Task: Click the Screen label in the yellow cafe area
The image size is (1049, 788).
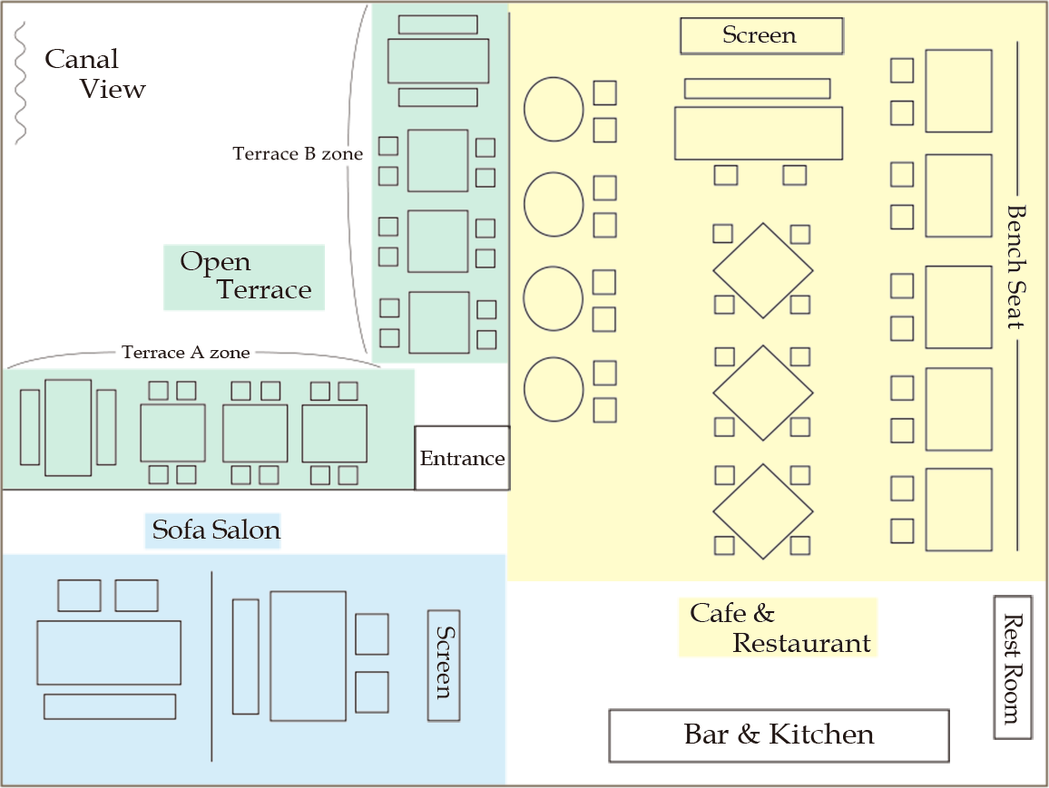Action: [x=760, y=36]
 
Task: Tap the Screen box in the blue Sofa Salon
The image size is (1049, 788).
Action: [x=444, y=665]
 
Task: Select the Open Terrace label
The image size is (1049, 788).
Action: [x=244, y=277]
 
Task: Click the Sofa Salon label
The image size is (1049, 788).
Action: [x=213, y=530]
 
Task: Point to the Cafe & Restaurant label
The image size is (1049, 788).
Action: [x=777, y=627]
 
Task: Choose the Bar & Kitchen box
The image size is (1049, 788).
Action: [x=779, y=735]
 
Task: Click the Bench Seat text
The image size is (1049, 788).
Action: [x=1015, y=267]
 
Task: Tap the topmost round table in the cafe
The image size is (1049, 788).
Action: [x=554, y=110]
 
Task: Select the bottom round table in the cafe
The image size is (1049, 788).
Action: [x=554, y=389]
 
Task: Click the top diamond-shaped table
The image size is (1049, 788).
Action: [x=762, y=270]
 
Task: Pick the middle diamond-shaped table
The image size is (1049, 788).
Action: [x=762, y=393]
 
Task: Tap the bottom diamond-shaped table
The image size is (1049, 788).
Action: [x=762, y=511]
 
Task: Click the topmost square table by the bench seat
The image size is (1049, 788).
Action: [x=958, y=91]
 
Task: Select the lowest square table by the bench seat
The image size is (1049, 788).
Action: [x=958, y=510]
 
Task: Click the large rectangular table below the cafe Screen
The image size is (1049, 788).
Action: [x=759, y=133]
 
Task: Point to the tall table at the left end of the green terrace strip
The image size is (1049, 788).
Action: [x=68, y=427]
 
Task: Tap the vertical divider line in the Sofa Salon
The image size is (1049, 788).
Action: [x=211, y=666]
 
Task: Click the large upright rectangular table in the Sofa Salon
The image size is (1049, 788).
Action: [x=308, y=656]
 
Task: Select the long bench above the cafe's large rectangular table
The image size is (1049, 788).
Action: [x=757, y=88]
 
